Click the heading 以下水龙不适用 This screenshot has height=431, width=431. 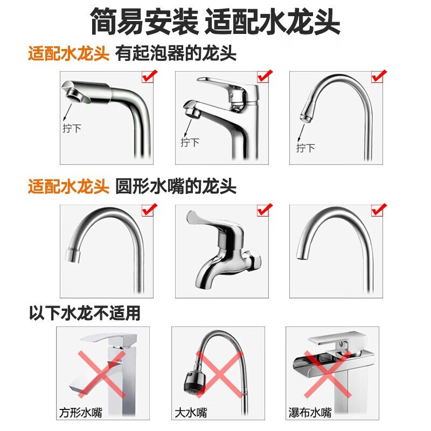click(85, 312)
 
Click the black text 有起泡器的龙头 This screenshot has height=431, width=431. click(176, 54)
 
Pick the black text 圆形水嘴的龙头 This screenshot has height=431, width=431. click(176, 186)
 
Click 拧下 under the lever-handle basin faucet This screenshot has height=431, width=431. click(190, 143)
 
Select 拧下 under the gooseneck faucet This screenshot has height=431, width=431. click(305, 148)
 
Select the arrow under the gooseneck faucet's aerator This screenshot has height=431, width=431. click(300, 131)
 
